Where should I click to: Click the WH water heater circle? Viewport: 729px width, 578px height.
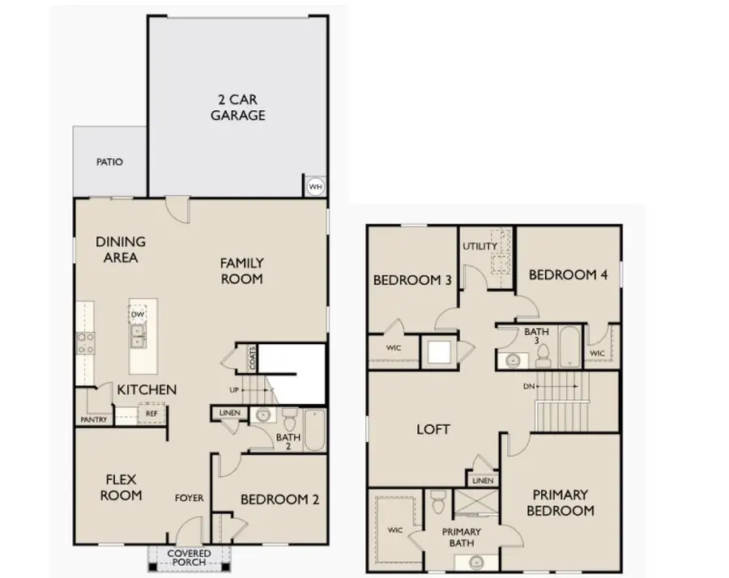315,187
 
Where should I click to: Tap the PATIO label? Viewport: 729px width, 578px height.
109,162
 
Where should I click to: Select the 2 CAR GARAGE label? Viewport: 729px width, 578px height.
237,108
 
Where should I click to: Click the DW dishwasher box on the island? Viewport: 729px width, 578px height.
138,314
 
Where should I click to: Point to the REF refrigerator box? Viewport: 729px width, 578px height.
151,414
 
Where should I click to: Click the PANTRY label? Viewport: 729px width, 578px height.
94,419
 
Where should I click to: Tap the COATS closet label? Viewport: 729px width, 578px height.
253,358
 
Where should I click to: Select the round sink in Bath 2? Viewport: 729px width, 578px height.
263,414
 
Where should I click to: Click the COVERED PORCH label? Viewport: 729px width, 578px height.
190,558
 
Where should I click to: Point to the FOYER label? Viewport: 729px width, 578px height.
190,498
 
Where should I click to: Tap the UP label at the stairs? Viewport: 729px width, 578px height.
234,390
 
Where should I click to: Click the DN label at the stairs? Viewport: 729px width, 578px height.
529,386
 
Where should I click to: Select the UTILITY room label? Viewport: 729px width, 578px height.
480,246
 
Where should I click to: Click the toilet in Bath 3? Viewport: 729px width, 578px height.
543,357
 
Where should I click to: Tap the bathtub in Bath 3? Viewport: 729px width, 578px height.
569,347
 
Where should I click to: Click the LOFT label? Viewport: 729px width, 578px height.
433,429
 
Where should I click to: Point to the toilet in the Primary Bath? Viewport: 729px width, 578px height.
438,502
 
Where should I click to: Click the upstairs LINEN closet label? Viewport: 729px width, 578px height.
483,481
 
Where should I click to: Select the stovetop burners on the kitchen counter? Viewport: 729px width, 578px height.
86,343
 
